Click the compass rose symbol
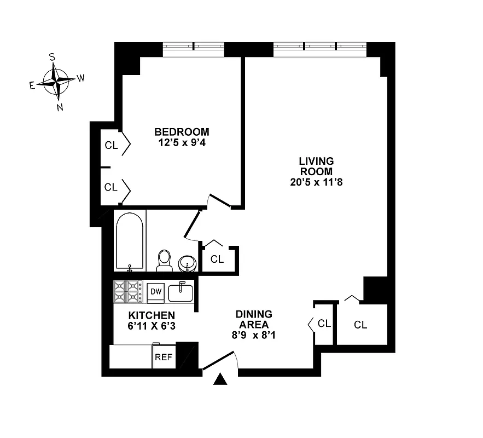[x=56, y=80]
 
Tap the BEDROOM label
[x=182, y=132]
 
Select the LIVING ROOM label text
[x=316, y=166]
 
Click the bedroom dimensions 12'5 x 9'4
[x=182, y=143]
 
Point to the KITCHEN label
[x=152, y=315]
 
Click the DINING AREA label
[x=254, y=319]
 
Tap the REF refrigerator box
[x=164, y=358]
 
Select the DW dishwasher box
[x=155, y=292]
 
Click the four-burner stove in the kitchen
[x=128, y=292]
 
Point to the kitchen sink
[x=181, y=293]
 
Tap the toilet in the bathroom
[x=164, y=261]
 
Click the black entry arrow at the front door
[x=220, y=379]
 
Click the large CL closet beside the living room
[x=360, y=325]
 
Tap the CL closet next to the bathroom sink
[x=217, y=259]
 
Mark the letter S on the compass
[x=52, y=56]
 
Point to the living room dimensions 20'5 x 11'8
[x=316, y=182]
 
